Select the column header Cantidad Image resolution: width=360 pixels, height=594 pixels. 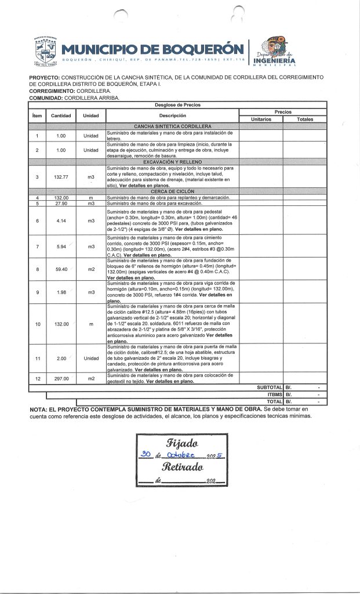pyautogui.click(x=61, y=115)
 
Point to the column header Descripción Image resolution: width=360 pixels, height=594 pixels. pyautogui.click(x=172, y=115)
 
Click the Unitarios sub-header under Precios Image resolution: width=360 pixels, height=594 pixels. pyautogui.click(x=260, y=119)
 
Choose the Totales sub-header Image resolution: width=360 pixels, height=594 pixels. pyautogui.click(x=305, y=119)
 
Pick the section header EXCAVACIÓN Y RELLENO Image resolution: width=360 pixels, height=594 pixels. pyautogui.click(x=172, y=162)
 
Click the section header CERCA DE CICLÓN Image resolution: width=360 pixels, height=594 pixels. pyautogui.click(x=172, y=191)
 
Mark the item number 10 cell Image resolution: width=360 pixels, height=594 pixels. pyautogui.click(x=37, y=324)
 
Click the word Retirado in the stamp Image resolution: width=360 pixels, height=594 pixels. pyautogui.click(x=183, y=467)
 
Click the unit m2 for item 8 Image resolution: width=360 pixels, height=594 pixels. pyautogui.click(x=90, y=269)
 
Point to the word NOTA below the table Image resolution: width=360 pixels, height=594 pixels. pyautogui.click(x=39, y=410)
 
